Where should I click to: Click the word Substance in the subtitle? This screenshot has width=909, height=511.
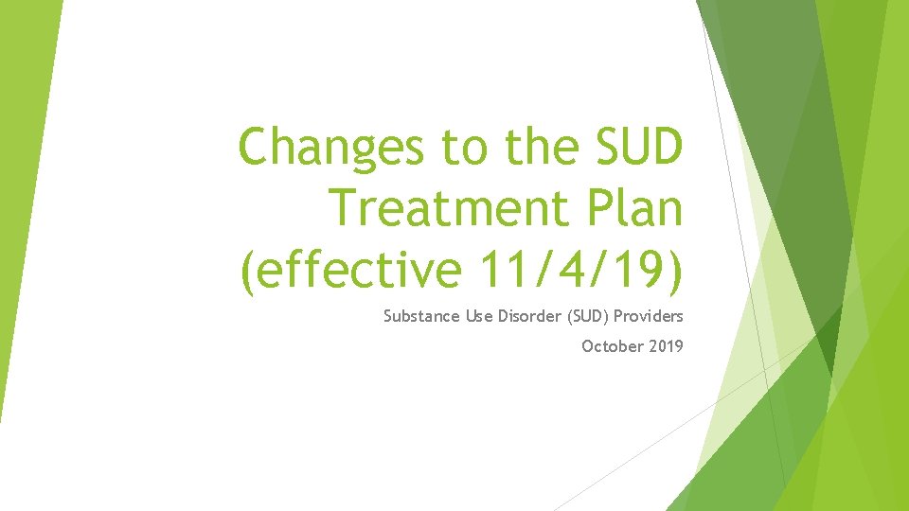421,316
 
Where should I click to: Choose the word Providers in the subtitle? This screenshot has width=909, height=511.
648,316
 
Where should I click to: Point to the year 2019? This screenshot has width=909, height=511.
667,346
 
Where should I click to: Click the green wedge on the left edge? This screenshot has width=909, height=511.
24,189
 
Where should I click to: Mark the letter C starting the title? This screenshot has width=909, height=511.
256,148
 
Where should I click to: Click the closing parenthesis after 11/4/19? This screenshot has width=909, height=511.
673,273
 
